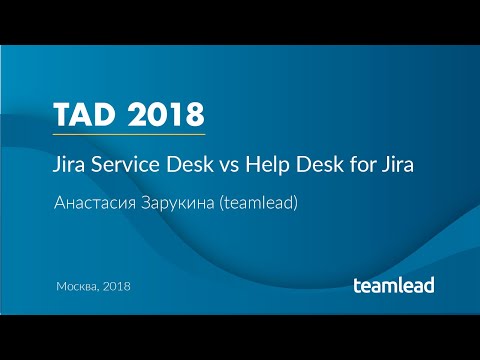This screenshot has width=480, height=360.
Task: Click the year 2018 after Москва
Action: click(x=117, y=287)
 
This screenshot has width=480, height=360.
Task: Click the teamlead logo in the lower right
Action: click(x=393, y=285)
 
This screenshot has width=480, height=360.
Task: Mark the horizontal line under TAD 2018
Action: click(x=130, y=133)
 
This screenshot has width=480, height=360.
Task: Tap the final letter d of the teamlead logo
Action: click(x=428, y=284)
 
